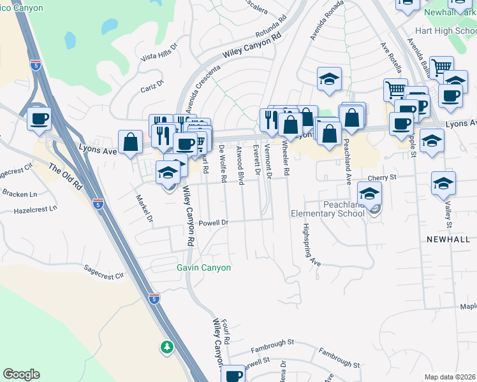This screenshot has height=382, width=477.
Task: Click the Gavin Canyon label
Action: (x=203, y=267)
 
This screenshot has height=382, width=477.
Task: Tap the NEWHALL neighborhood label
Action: (x=448, y=239)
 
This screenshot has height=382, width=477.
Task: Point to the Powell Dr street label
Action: (x=213, y=223)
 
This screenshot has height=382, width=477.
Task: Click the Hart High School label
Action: (x=445, y=31)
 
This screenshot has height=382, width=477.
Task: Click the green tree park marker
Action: (x=166, y=347)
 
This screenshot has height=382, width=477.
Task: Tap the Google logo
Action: (x=21, y=374)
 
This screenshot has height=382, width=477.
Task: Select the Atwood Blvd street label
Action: (x=240, y=166)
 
